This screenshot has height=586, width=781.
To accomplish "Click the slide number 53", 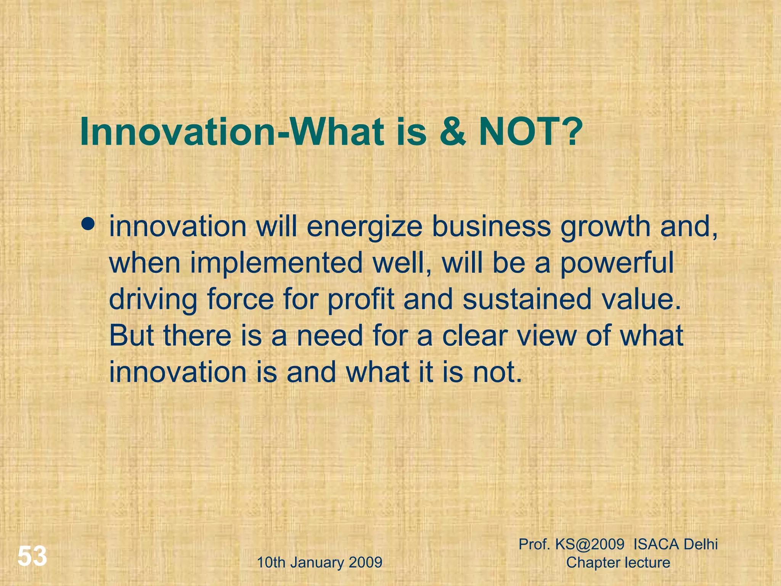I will click(32, 556).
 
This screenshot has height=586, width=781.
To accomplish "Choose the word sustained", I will click(527, 299).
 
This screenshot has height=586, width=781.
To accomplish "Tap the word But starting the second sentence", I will click(132, 336).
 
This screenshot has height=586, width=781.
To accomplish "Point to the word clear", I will click(475, 336).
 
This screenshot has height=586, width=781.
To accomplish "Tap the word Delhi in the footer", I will click(700, 544).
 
